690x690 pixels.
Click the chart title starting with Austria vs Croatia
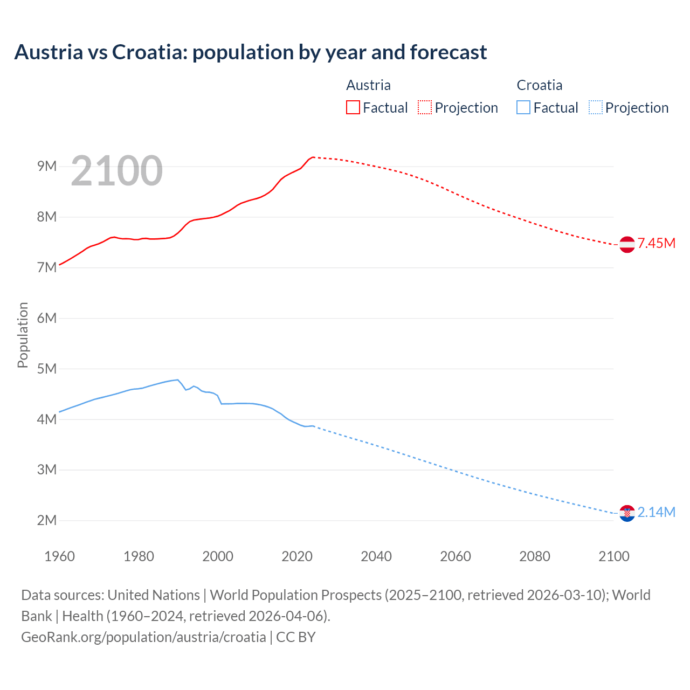(251, 52)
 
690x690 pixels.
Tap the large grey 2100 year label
(116, 171)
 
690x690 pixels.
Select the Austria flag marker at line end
(627, 244)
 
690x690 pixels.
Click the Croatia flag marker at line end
(627, 513)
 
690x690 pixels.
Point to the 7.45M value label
(657, 243)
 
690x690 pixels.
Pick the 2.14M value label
(657, 512)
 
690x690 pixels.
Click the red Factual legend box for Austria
(353, 107)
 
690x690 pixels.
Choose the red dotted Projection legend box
(425, 107)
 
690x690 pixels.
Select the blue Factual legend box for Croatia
(523, 107)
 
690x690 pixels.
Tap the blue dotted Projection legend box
(596, 107)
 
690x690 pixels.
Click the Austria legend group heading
(368, 85)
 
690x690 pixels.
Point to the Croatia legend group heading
(539, 85)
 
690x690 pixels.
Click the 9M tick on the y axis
(47, 166)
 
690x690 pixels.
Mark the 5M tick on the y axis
(47, 369)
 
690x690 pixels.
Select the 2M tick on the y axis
(47, 520)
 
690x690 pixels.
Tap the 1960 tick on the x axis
(59, 556)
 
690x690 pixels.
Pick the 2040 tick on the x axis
(376, 556)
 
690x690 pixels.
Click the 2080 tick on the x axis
(535, 556)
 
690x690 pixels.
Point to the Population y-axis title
(23, 335)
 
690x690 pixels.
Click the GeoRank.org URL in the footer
(143, 637)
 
